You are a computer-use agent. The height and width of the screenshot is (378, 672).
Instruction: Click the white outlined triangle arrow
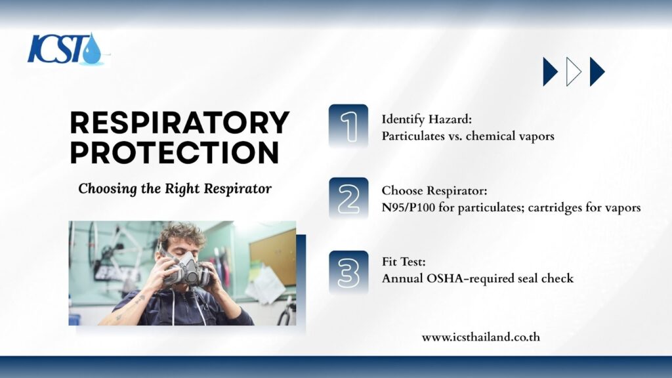(574, 72)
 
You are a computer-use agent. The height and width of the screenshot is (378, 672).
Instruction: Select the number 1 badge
(348, 126)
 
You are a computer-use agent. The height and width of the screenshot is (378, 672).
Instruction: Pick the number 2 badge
(348, 199)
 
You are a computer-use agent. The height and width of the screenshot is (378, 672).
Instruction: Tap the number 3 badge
(348, 272)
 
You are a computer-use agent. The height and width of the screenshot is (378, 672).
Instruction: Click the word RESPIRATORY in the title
(180, 123)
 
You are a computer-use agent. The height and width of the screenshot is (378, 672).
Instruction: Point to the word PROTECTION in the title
(175, 153)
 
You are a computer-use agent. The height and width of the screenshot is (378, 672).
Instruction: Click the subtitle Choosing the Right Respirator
(175, 188)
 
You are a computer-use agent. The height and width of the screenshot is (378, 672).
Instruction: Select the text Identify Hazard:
(427, 119)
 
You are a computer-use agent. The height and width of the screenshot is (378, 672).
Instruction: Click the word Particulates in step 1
(407, 136)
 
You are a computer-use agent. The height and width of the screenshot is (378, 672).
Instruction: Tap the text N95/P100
(408, 208)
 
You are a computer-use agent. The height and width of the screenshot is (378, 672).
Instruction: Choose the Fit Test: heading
(404, 261)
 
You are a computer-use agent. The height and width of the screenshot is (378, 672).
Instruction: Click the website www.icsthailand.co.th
(481, 337)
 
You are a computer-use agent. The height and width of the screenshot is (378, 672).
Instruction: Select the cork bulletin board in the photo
(272, 257)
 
